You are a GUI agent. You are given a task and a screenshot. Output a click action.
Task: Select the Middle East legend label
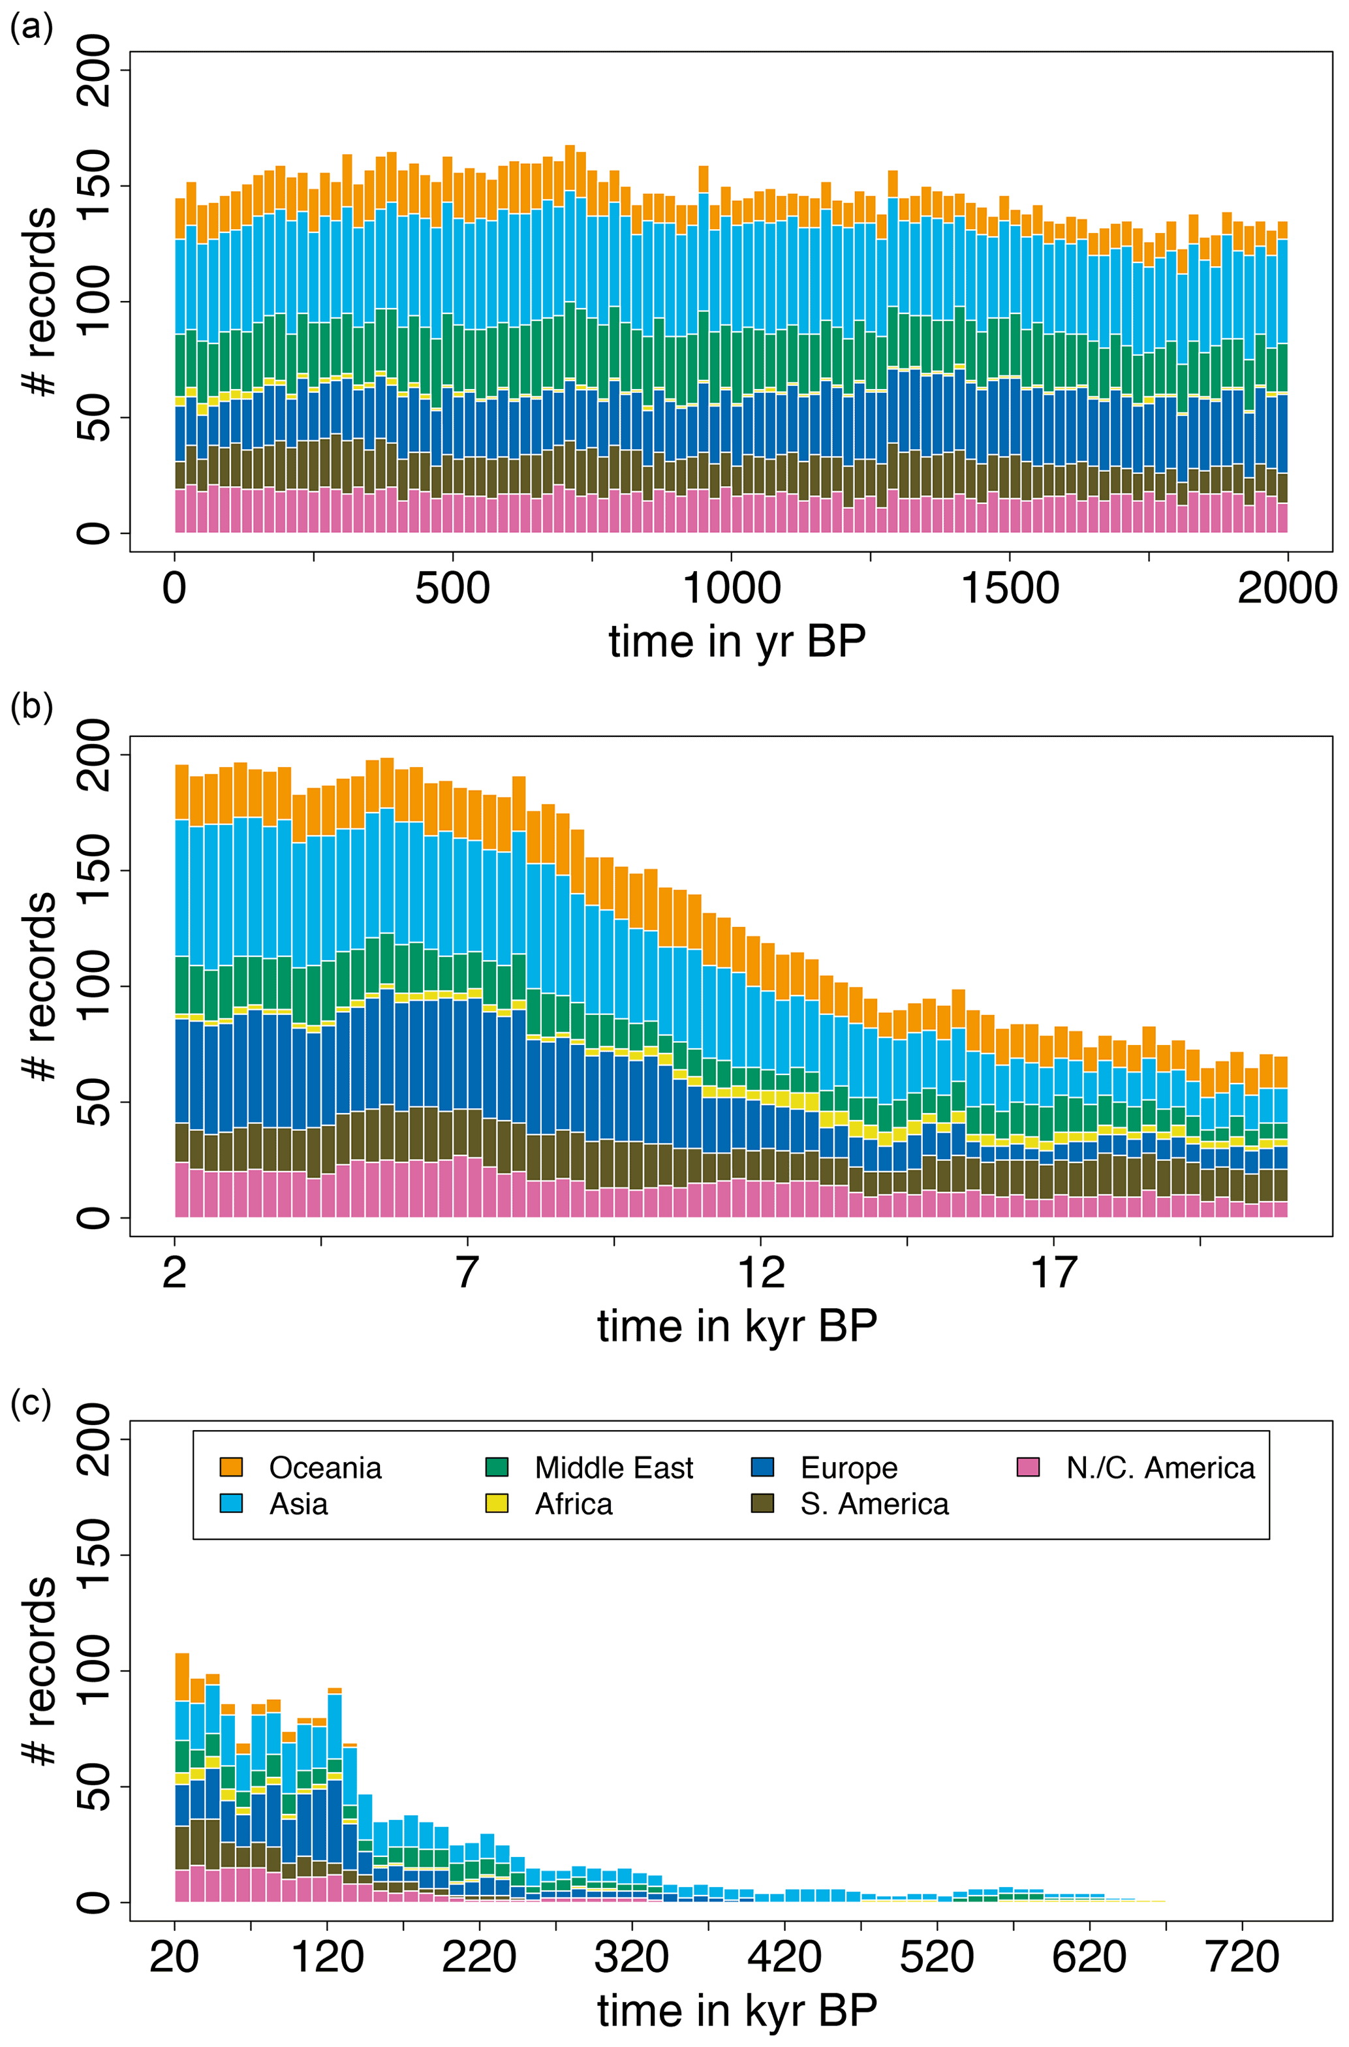[x=613, y=1467]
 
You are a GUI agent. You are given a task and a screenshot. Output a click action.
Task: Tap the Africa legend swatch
[x=497, y=1503]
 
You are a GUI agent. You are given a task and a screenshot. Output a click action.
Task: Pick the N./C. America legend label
[x=1160, y=1467]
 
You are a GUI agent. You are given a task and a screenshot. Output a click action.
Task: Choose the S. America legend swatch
[x=762, y=1503]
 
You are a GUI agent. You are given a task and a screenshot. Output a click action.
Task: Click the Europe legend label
[x=848, y=1467]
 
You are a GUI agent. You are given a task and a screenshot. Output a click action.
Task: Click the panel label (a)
[x=31, y=29]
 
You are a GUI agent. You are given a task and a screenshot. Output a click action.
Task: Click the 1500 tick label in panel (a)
[x=1009, y=589]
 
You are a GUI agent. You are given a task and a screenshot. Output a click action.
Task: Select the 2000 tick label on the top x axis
[x=1287, y=589]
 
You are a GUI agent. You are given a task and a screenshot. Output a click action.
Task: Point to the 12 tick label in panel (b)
[x=760, y=1272]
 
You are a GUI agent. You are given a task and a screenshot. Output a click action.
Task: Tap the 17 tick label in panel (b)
[x=1054, y=1272]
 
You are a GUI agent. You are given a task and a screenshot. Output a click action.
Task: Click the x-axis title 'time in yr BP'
[x=736, y=642]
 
